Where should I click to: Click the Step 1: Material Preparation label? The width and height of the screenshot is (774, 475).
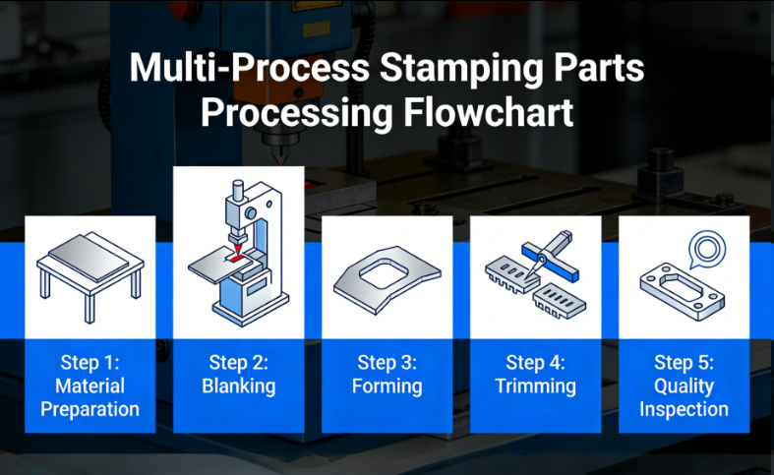(90, 385)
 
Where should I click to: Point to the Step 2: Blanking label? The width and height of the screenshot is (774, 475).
(239, 373)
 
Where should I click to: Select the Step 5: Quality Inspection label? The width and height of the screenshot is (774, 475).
(684, 385)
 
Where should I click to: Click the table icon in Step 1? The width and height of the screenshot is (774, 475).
(90, 276)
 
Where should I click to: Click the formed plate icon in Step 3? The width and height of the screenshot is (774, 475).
(387, 280)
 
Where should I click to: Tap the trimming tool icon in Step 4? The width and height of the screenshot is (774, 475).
(535, 275)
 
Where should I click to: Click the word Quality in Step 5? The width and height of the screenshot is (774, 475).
(684, 386)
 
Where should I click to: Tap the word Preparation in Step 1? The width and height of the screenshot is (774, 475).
(90, 408)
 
